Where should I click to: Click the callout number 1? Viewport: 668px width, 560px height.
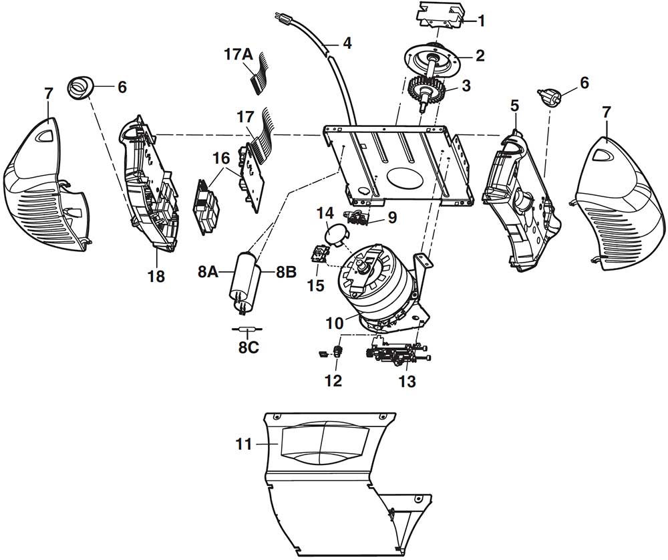pos(481,21)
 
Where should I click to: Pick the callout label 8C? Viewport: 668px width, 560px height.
pos(248,347)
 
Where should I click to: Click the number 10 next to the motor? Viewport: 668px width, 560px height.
pos(335,323)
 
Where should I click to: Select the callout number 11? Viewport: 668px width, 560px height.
pos(243,444)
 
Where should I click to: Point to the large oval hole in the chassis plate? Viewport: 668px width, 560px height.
pos(403,177)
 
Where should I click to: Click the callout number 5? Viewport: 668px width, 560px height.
pos(514,106)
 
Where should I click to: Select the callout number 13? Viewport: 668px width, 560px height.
pos(407,381)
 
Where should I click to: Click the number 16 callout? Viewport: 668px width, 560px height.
pos(222,158)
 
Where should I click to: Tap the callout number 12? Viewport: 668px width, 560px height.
pos(333,381)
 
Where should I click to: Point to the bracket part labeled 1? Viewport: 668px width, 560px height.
pos(439,16)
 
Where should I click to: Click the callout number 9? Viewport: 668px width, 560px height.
pos(392,217)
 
